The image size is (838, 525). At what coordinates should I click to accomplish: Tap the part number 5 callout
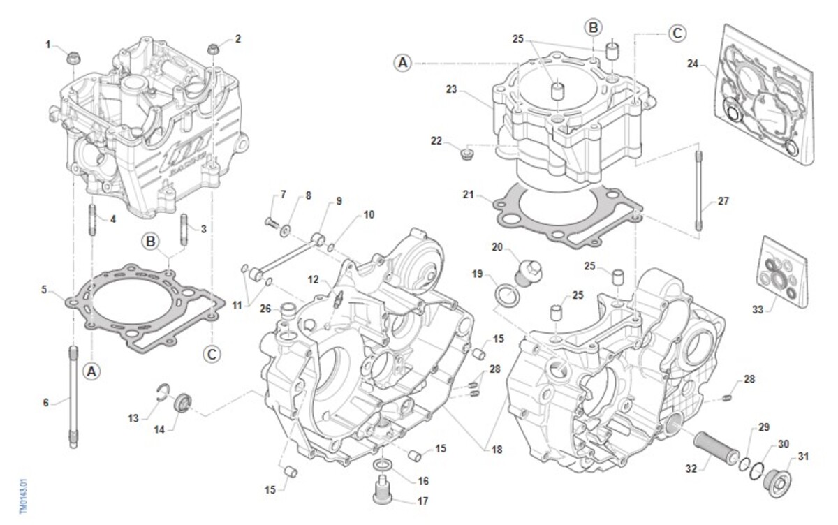coord(44,288)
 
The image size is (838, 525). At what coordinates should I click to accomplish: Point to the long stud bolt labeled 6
coord(72,394)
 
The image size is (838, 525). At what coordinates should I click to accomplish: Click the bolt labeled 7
coord(270,222)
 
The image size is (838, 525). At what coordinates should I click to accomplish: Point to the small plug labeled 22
coord(469,151)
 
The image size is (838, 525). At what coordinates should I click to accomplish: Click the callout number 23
coord(451,89)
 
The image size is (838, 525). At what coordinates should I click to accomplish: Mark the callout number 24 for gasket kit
coord(692,63)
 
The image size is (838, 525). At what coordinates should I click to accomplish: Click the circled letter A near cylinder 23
coord(403,63)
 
